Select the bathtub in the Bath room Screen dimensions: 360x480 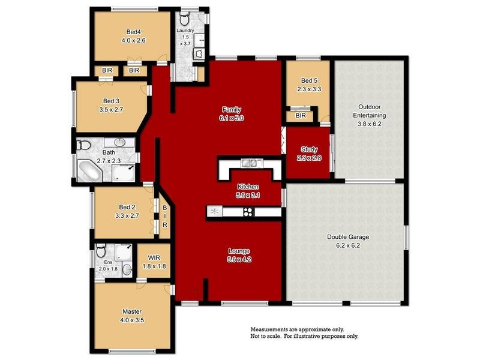[x=91, y=171]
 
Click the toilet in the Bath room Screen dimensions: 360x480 [x=83, y=145]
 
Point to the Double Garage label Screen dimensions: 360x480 [x=347, y=237]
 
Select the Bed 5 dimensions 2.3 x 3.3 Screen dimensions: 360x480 [x=308, y=88]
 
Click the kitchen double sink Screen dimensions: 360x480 [x=249, y=163]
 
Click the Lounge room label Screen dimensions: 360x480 [x=238, y=250]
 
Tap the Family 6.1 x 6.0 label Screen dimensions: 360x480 [x=232, y=114]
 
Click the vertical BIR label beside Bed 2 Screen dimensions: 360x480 [x=165, y=217]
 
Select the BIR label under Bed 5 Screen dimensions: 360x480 [x=301, y=115]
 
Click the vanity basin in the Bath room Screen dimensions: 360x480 [x=118, y=143]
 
